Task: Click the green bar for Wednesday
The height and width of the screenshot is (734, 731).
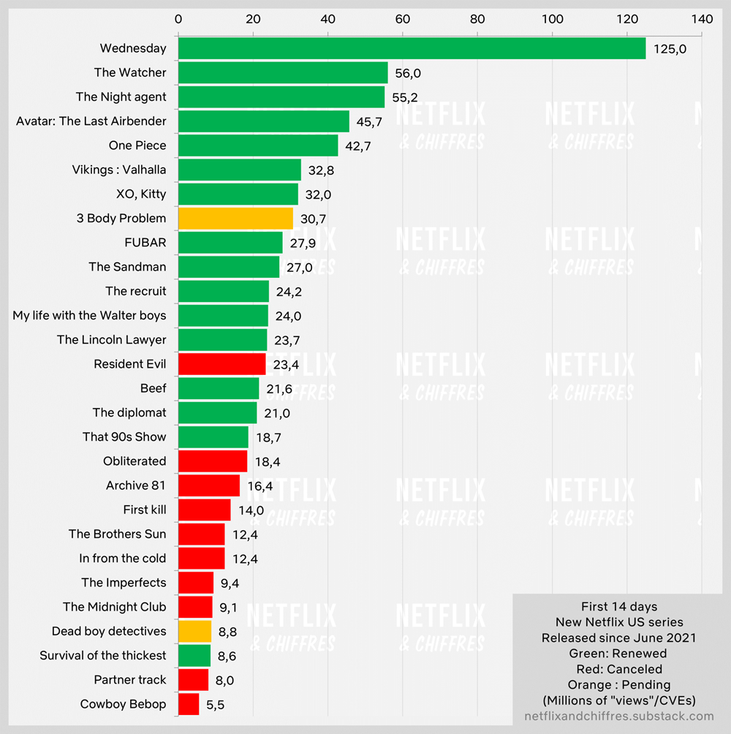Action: click(x=412, y=48)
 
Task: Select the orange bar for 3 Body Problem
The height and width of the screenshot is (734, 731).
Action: click(x=235, y=218)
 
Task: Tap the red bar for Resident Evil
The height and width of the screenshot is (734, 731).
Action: click(x=221, y=364)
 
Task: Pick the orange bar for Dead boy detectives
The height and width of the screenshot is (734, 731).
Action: click(x=194, y=631)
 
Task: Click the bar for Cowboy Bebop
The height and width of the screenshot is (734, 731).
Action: click(x=189, y=704)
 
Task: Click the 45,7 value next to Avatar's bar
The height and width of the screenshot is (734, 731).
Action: click(x=371, y=121)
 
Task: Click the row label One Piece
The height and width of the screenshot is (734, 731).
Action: click(x=137, y=145)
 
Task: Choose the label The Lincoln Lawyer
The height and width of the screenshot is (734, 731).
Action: click(x=112, y=340)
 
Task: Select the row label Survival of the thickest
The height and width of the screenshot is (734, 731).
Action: click(x=103, y=656)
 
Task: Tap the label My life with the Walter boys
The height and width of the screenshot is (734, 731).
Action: click(x=89, y=316)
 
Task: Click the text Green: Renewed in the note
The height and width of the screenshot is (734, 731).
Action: click(x=618, y=654)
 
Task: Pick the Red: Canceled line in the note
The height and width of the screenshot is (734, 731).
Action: click(x=618, y=669)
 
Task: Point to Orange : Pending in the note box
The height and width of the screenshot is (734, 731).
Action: click(x=618, y=685)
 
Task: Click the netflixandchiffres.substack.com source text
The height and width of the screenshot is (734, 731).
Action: click(x=618, y=716)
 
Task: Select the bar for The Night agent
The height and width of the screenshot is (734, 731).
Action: click(x=281, y=97)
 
